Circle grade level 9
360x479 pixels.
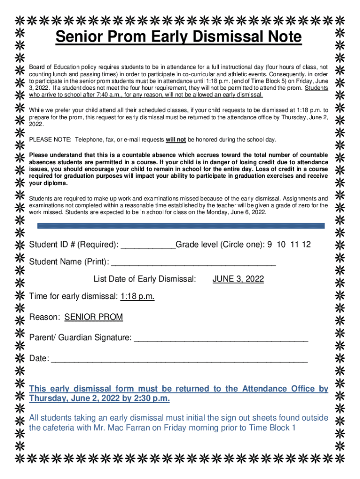[x=269, y=245]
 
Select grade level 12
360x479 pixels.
[x=306, y=245]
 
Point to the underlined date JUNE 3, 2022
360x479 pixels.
[x=238, y=279]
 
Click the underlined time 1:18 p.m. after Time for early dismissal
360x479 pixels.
[x=137, y=296]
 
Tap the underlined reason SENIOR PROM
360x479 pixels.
[x=94, y=317]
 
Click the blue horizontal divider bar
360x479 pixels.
[x=180, y=225]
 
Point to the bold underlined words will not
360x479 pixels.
[x=176, y=140]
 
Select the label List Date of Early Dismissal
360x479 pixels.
[x=144, y=279]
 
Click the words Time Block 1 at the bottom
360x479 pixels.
[x=272, y=428]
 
